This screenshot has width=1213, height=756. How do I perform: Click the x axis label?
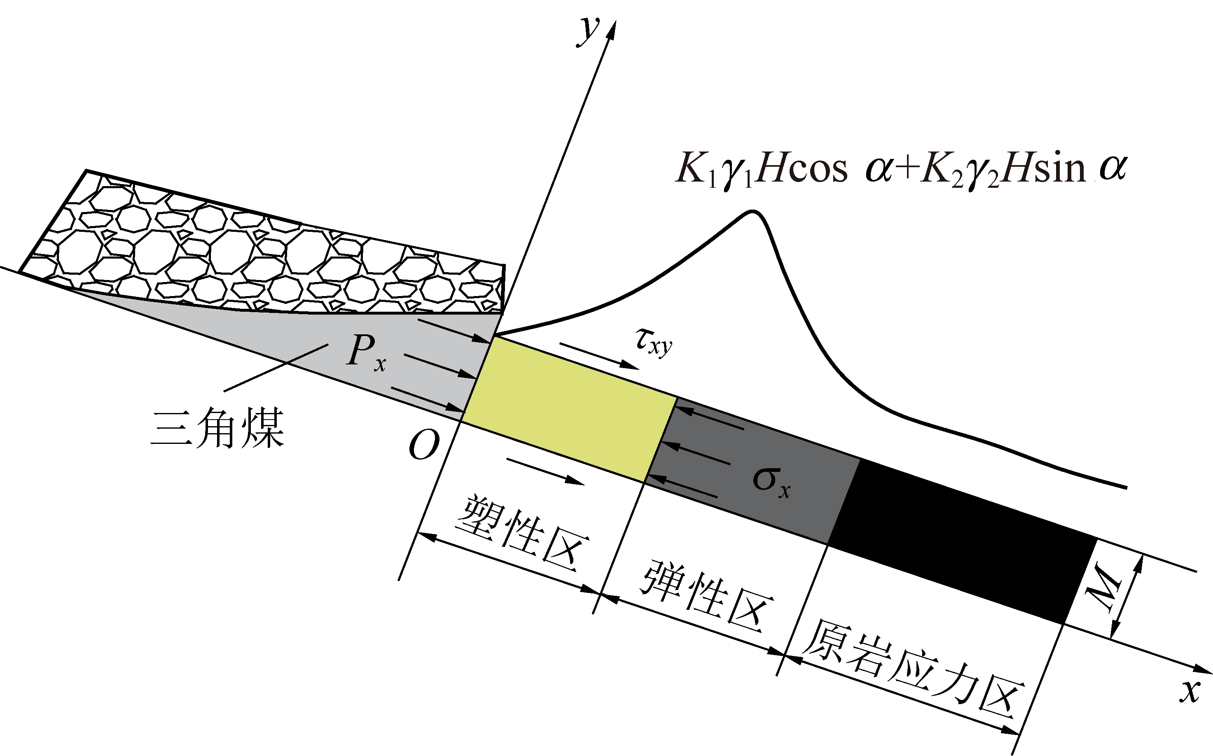point(1190,691)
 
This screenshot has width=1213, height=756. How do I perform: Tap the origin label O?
point(424,445)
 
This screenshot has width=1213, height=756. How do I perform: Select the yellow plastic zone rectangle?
point(569,409)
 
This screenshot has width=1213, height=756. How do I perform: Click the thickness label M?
point(1106,586)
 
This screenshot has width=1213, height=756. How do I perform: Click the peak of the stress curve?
point(753,211)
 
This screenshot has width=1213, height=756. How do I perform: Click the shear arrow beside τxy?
point(599,356)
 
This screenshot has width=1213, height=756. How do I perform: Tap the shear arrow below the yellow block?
point(545,471)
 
